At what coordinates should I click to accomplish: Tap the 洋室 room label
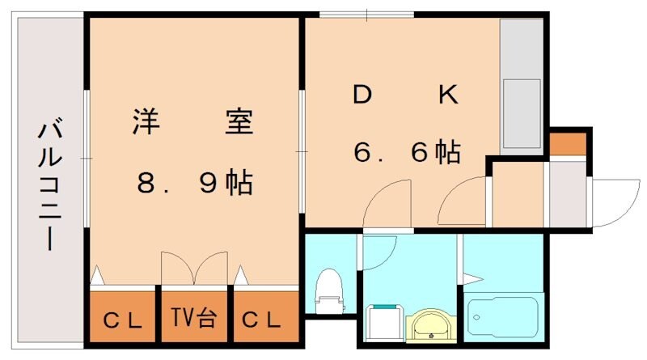pos(192,122)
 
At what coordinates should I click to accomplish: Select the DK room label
pos(405,96)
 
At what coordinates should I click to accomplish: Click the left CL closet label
pos(122,319)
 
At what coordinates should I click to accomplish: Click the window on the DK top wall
pos(367,14)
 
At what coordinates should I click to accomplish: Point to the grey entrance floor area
pos(568,195)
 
